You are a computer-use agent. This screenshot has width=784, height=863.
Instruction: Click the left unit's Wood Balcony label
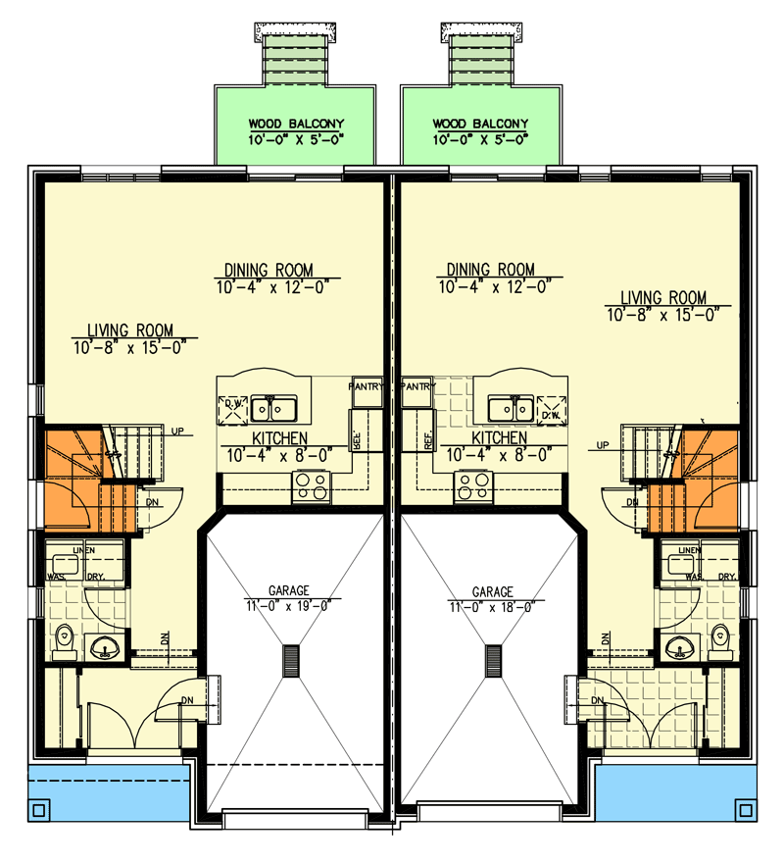(x=296, y=125)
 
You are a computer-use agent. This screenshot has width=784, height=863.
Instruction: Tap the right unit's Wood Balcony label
(x=480, y=125)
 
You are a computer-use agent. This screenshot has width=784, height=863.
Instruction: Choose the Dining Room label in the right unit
(x=490, y=270)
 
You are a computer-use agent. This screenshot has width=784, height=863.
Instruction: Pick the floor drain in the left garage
(x=291, y=661)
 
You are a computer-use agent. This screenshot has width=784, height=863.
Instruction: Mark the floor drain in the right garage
(x=493, y=661)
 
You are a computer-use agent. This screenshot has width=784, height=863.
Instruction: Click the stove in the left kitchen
(x=312, y=485)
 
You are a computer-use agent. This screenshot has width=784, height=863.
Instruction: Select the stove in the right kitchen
(x=472, y=485)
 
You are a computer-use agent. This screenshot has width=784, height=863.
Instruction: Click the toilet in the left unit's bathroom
(x=66, y=640)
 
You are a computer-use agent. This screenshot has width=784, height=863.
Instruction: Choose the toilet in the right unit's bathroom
(x=720, y=640)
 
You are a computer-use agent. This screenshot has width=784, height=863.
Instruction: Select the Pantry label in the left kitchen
(x=366, y=386)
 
